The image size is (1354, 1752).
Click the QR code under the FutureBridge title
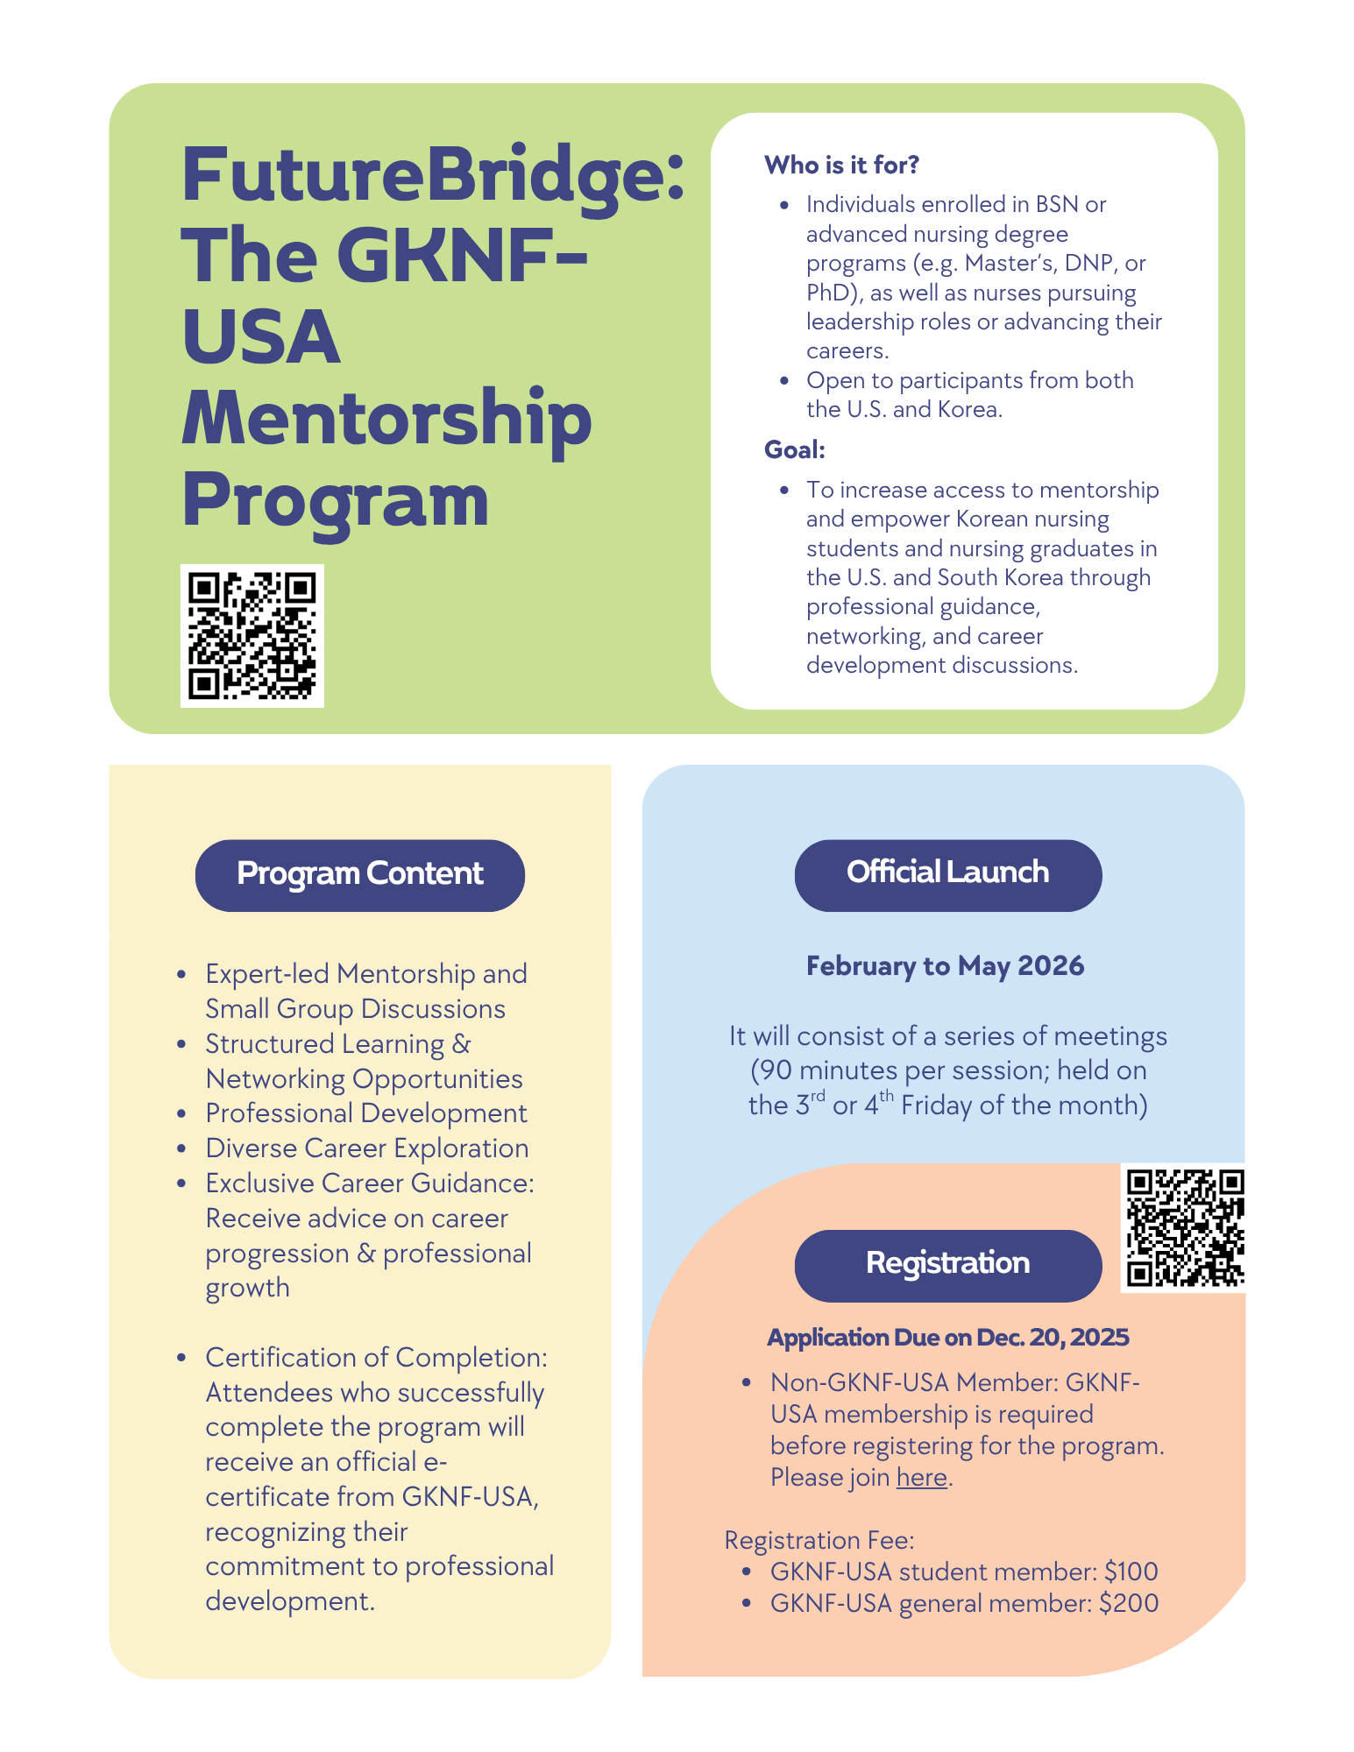pyautogui.click(x=252, y=635)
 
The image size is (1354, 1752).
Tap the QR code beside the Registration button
pyautogui.click(x=1184, y=1227)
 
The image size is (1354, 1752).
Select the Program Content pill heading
pyautogui.click(x=359, y=874)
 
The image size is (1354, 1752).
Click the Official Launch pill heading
pyautogui.click(x=947, y=873)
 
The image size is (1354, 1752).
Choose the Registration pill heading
pyautogui.click(x=947, y=1264)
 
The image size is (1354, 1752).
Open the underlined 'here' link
pyautogui.click(x=921, y=1478)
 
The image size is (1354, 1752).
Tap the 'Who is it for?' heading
pyautogui.click(x=841, y=165)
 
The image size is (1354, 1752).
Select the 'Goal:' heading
pyautogui.click(x=795, y=449)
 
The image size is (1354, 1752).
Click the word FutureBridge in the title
pyautogui.click(x=432, y=175)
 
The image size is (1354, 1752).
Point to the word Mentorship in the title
pyautogui.click(x=386, y=419)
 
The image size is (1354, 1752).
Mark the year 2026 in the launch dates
pyautogui.click(x=1051, y=965)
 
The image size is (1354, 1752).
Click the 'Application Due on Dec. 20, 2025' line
pyautogui.click(x=947, y=1338)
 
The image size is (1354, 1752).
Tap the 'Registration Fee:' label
pyautogui.click(x=819, y=1540)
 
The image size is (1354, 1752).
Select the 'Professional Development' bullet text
pyautogui.click(x=366, y=1113)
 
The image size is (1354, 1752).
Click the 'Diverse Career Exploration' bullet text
pyautogui.click(x=367, y=1148)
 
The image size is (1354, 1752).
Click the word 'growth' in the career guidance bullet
pyautogui.click(x=247, y=1289)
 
